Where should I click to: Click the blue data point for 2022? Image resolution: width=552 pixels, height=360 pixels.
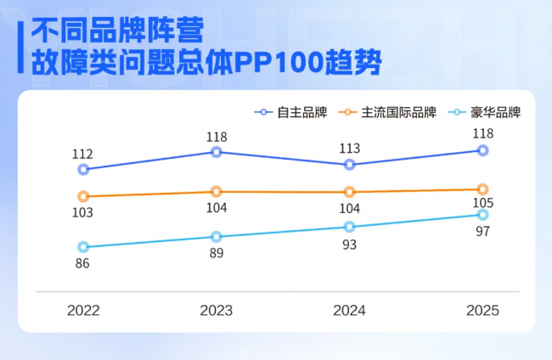click(83, 169)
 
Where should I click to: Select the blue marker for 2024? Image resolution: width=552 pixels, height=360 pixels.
click(349, 164)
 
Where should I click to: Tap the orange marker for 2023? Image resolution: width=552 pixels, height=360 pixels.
click(216, 192)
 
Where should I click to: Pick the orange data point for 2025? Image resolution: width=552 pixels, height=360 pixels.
click(482, 189)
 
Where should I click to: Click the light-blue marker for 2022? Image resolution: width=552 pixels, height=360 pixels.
click(83, 247)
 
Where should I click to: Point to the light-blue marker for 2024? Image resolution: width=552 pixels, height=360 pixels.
click(349, 227)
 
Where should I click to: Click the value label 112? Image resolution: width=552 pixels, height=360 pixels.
click(82, 154)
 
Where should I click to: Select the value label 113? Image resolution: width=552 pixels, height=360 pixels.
click(349, 149)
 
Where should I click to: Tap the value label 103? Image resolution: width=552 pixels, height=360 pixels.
click(82, 212)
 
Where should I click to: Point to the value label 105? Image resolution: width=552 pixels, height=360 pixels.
click(482, 203)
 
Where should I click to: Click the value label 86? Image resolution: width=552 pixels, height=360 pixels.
click(82, 263)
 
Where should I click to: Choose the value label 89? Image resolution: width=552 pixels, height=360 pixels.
click(216, 252)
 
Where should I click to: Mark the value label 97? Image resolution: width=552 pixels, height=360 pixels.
click(482, 231)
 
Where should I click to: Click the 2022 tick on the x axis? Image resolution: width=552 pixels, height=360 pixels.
click(83, 311)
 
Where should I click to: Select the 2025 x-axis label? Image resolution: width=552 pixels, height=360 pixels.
click(482, 311)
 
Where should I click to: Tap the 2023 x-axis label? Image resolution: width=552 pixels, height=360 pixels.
click(216, 311)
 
